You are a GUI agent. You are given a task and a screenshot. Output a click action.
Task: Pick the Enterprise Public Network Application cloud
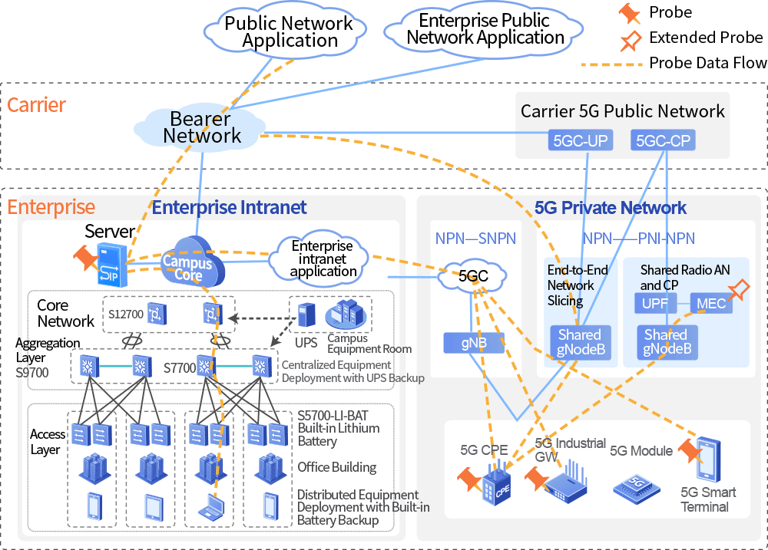point(485,29)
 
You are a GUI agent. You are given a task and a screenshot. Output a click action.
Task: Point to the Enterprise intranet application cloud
point(323,259)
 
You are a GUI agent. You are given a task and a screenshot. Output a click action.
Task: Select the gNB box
point(473,343)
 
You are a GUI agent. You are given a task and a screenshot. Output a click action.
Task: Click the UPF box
point(654,304)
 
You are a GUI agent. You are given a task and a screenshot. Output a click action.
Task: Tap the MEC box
point(711,304)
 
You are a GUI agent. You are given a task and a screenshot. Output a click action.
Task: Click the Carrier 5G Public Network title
point(622,111)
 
